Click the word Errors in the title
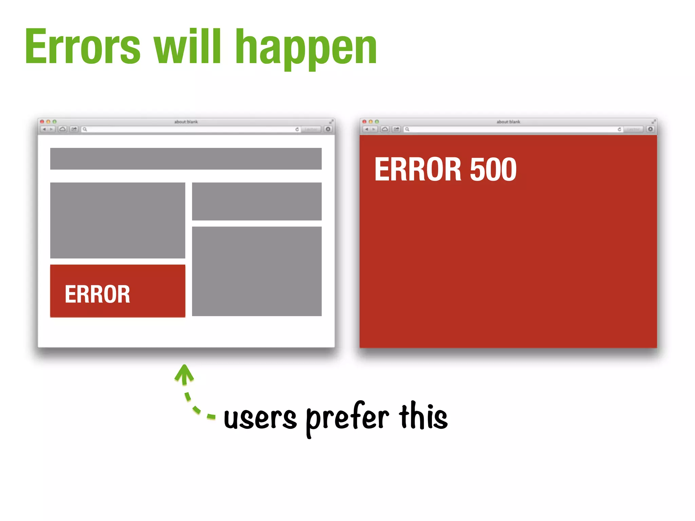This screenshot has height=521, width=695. click(82, 47)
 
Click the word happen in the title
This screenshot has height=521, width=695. click(306, 47)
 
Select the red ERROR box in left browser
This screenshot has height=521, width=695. click(117, 291)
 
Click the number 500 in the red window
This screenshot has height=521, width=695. click(493, 169)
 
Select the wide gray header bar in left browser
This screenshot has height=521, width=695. click(186, 158)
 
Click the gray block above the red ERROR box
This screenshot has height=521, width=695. click(117, 220)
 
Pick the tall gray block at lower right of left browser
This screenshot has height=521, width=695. click(257, 271)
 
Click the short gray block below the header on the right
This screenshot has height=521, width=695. click(257, 201)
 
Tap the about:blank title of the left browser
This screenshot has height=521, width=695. click(186, 122)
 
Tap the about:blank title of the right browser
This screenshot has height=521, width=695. click(508, 122)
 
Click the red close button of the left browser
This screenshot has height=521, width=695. click(42, 121)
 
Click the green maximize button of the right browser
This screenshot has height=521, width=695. click(377, 121)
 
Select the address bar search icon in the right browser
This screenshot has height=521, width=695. click(407, 129)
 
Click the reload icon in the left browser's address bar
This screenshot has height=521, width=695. click(297, 129)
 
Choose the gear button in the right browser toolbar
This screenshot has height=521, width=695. click(650, 129)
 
